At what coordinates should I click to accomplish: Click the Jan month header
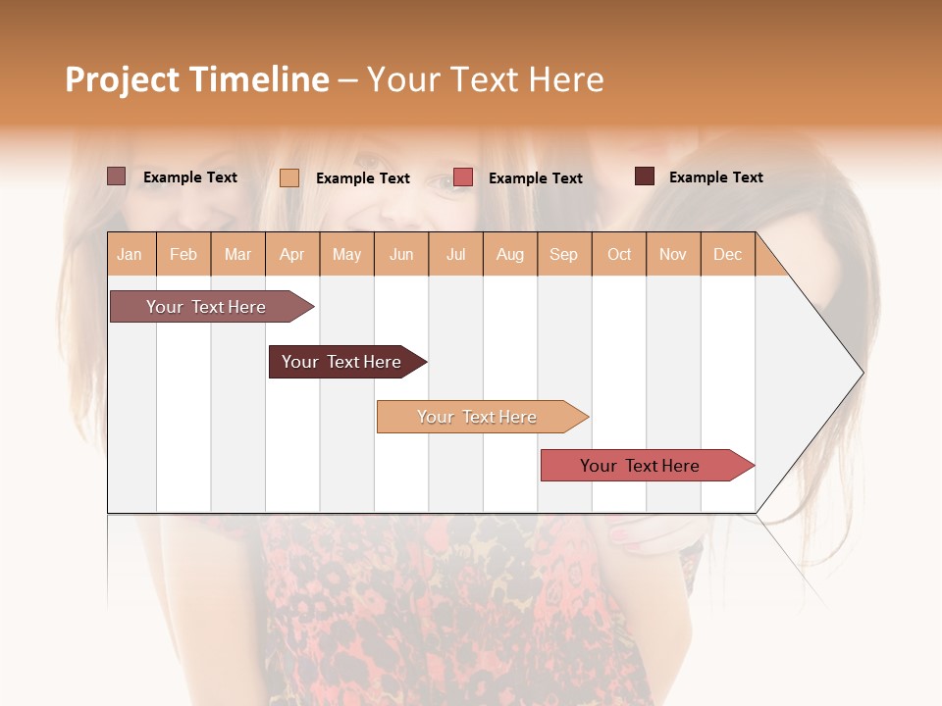click(130, 255)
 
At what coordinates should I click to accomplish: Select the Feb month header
click(183, 255)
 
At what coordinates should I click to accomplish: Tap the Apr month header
click(292, 255)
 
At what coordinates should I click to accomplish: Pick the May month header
click(346, 255)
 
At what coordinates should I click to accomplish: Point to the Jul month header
click(455, 255)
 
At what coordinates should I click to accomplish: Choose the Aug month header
click(509, 255)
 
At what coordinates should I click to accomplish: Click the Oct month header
click(618, 255)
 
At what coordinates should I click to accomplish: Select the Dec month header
click(727, 255)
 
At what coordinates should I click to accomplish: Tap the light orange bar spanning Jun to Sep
click(478, 417)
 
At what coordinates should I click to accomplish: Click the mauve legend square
click(116, 176)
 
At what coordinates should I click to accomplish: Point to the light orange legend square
click(289, 177)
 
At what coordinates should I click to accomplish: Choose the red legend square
click(463, 177)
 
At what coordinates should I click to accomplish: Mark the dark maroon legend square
click(645, 176)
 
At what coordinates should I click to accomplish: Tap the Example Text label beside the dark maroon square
click(715, 177)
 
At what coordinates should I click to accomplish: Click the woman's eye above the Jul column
click(447, 183)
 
